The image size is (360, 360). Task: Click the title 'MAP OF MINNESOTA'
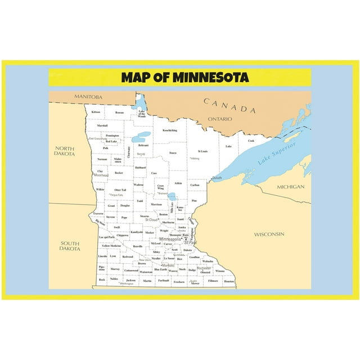click(180, 76)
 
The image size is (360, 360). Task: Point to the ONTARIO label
click(219, 119)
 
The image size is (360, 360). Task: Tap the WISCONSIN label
click(269, 233)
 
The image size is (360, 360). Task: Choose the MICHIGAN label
click(290, 187)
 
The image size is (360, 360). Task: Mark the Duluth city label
click(217, 178)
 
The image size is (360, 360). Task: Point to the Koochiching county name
click(169, 130)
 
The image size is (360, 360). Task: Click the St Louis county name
click(202, 151)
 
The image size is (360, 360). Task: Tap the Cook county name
click(251, 141)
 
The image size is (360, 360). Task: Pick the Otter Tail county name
click(120, 190)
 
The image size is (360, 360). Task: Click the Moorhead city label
click(101, 175)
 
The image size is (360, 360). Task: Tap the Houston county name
click(229, 281)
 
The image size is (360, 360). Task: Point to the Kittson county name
click(96, 112)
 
